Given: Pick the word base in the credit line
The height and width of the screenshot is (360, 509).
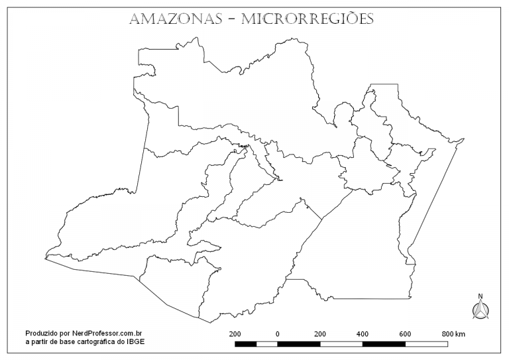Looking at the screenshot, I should tap(70, 341).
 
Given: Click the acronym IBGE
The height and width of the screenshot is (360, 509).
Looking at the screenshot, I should tap(137, 341).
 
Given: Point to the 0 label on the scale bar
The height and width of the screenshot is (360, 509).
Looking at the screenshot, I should tap(277, 333).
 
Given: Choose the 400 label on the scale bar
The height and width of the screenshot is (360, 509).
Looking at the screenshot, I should tap(363, 333).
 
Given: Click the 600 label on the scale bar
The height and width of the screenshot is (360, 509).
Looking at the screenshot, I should tap(405, 333).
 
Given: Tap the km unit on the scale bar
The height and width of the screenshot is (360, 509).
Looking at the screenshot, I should tap(461, 333).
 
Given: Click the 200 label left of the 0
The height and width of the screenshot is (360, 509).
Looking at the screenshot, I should tap(235, 333).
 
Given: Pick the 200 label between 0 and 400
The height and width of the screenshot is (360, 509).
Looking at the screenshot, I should tap(320, 333).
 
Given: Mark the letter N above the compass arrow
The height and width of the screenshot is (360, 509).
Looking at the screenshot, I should tap(481, 297).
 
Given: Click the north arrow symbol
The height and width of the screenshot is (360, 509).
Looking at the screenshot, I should tap(481, 309).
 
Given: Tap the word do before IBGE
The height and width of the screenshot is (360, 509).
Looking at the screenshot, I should tap(123, 341).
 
